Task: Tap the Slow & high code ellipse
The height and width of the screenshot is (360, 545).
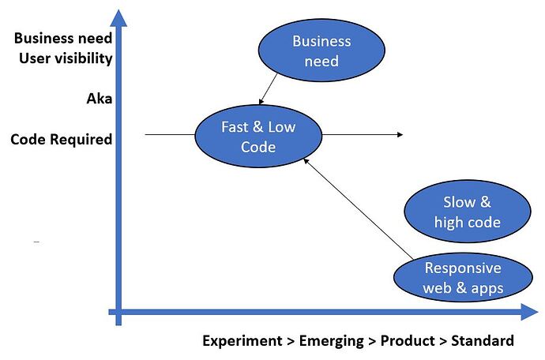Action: [x=466, y=212]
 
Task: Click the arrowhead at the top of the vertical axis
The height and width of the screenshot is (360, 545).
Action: [x=118, y=17]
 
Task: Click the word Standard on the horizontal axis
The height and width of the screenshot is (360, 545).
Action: [x=483, y=341]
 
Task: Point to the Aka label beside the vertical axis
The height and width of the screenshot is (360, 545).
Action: [x=100, y=99]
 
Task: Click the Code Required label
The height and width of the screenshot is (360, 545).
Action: [x=62, y=140]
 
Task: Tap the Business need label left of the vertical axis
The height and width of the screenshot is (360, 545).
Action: [x=63, y=38]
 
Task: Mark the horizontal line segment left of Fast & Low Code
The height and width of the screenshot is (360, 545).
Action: [x=170, y=135]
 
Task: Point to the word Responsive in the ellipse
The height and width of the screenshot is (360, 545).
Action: [x=463, y=268]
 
